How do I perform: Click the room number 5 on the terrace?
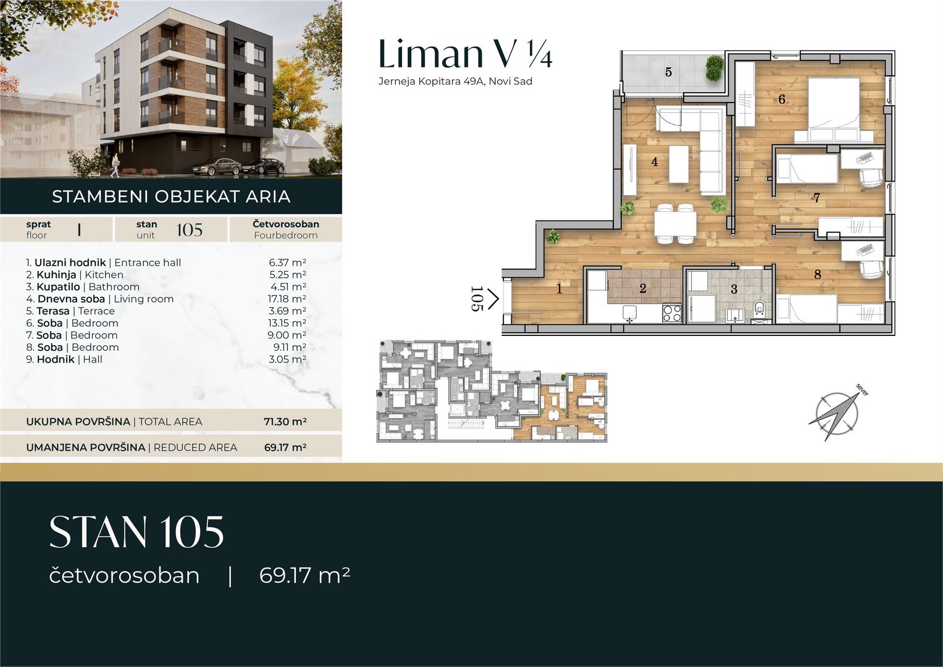click(x=669, y=72)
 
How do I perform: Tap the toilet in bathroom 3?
click(x=759, y=308)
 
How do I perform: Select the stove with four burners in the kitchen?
click(x=672, y=313)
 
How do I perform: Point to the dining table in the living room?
click(x=675, y=224)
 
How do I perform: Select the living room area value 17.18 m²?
click(x=287, y=299)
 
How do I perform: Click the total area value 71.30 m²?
click(x=285, y=421)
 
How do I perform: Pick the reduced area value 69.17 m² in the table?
click(x=285, y=447)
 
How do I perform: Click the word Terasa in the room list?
click(x=53, y=311)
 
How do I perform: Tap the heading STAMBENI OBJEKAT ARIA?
click(x=171, y=196)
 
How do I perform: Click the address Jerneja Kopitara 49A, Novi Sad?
click(x=455, y=82)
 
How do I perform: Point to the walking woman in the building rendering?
click(x=115, y=165)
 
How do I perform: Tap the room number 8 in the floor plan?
click(x=818, y=275)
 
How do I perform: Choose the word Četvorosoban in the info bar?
click(x=286, y=224)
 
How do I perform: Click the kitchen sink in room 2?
click(x=630, y=313)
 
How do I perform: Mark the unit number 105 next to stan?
click(x=190, y=230)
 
